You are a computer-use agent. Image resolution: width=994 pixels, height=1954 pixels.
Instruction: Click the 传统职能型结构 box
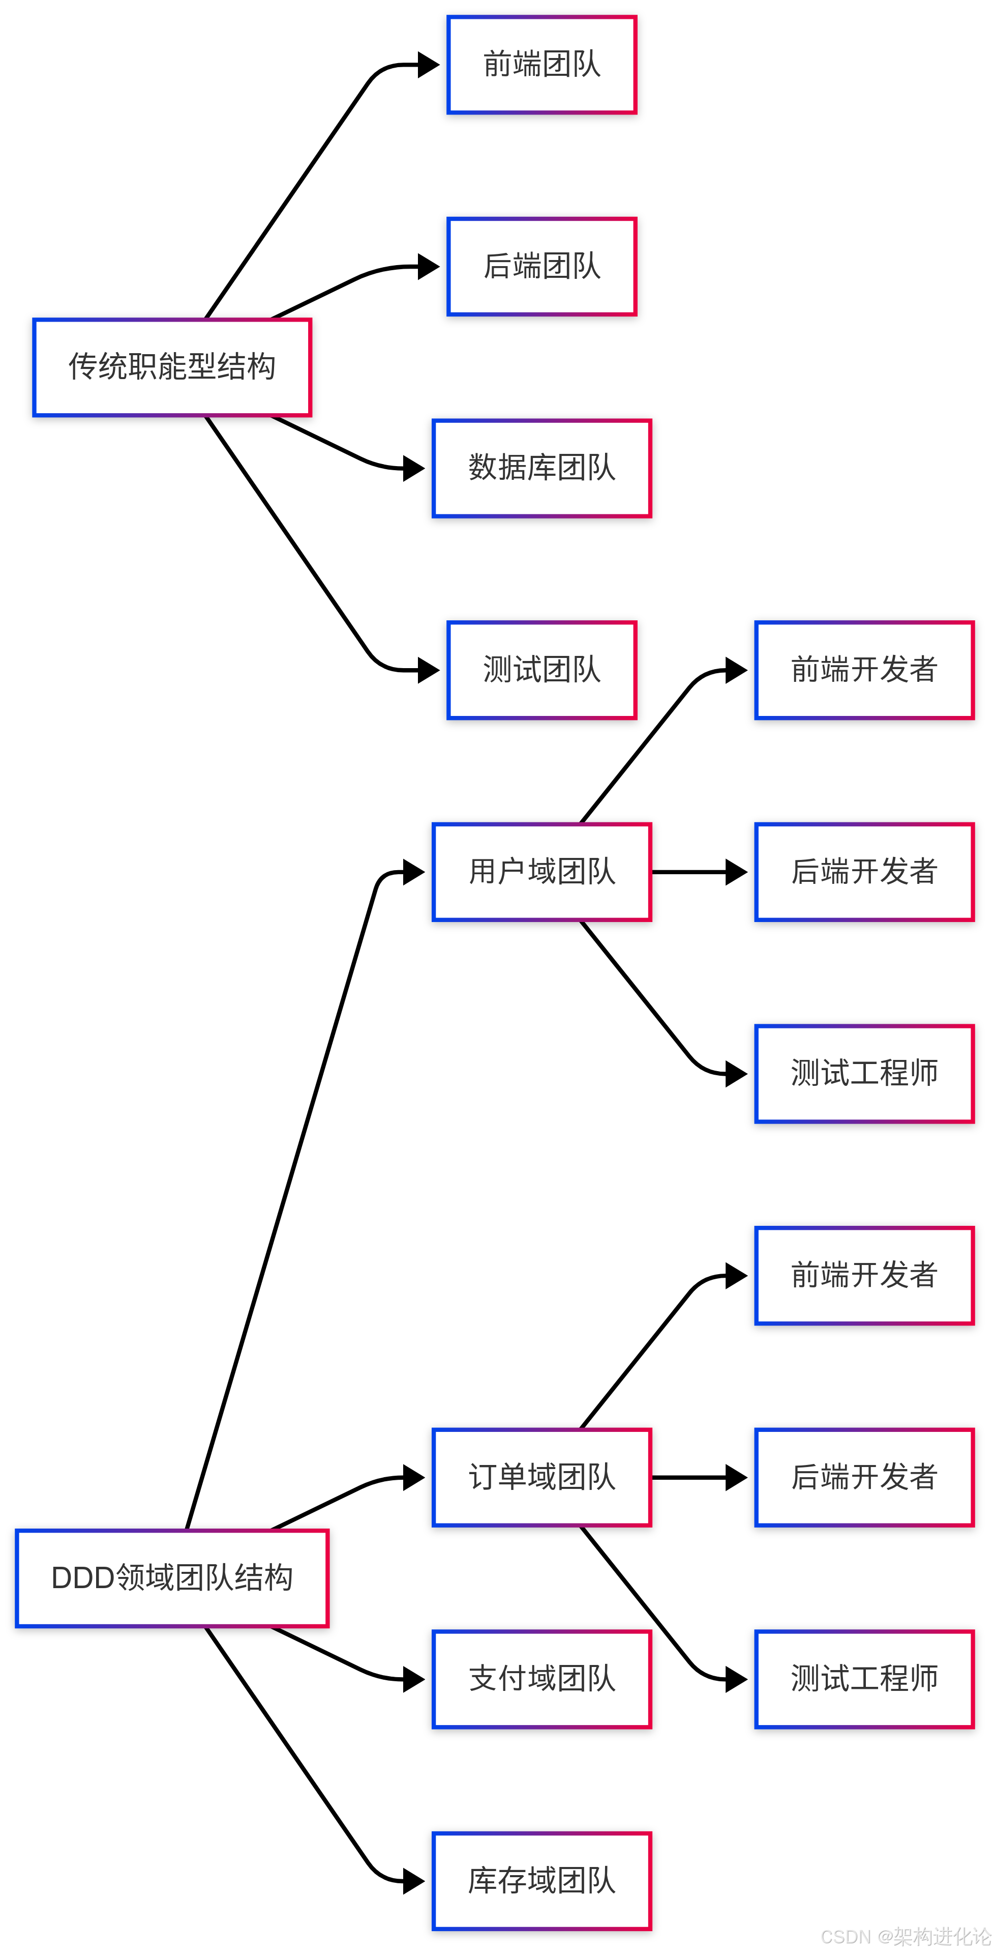click(x=172, y=367)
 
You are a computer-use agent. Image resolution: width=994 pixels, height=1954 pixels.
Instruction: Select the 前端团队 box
click(x=541, y=65)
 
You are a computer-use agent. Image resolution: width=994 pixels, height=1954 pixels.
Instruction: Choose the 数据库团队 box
click(x=541, y=469)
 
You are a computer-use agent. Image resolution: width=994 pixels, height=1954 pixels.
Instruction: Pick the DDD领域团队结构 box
click(x=172, y=1578)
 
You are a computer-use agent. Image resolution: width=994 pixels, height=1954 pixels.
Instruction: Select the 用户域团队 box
click(x=541, y=872)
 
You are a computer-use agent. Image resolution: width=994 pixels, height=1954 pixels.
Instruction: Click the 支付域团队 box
click(x=541, y=1679)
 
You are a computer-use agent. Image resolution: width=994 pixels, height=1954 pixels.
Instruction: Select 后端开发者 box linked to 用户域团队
click(x=864, y=872)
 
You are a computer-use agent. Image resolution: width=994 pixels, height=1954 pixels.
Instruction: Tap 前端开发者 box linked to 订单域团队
click(x=864, y=1276)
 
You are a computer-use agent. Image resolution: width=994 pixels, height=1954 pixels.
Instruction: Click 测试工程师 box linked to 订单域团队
click(x=864, y=1679)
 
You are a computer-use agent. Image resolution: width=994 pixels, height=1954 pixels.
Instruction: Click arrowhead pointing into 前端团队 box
click(x=429, y=65)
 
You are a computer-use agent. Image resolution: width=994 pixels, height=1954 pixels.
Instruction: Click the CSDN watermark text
click(x=906, y=1937)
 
